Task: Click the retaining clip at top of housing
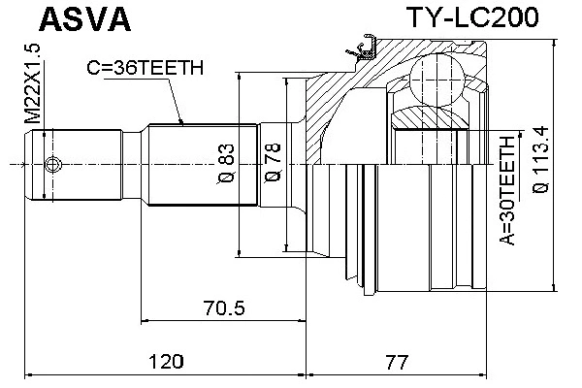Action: (367, 47)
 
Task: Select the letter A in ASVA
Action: (20, 18)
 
